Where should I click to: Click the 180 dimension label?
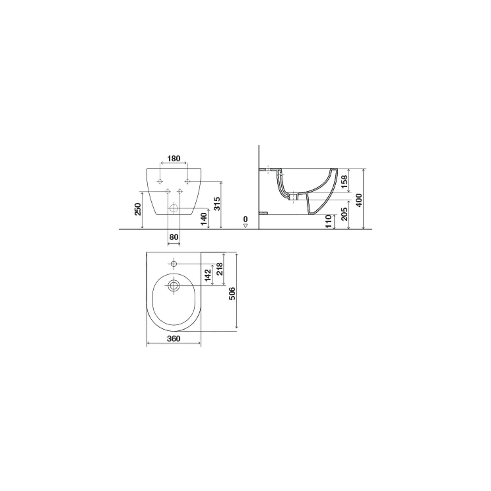point(174,158)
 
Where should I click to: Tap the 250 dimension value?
point(138,209)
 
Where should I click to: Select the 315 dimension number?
point(217,204)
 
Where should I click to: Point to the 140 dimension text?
point(204,219)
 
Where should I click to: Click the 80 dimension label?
point(174,237)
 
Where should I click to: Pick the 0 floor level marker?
point(245,220)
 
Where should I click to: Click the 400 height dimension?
point(359,200)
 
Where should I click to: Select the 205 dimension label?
point(344,214)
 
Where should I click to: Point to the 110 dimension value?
point(329,221)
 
